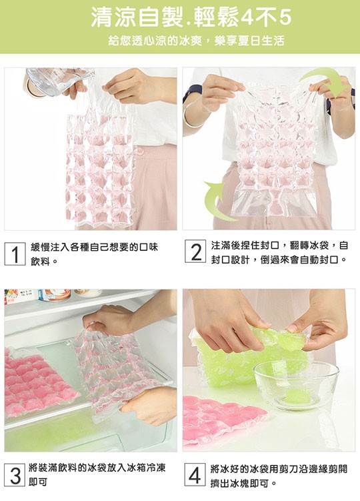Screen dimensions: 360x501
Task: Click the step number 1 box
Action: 15,254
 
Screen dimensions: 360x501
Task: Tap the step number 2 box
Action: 195,252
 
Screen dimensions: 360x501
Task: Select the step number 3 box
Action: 15,475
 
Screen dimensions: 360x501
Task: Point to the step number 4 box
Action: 195,475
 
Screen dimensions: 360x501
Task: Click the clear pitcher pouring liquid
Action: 57,79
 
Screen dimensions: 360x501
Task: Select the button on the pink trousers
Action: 140,151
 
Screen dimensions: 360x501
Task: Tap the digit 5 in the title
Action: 285,18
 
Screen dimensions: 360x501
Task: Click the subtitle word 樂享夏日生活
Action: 249,41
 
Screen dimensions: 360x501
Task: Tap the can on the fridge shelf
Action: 54,295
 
